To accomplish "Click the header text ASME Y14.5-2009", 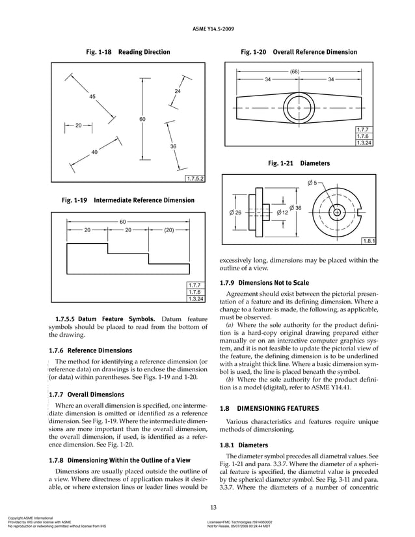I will click(x=207, y=29).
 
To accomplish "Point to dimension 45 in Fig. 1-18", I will click(x=92, y=96).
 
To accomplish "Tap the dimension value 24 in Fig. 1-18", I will click(x=177, y=91).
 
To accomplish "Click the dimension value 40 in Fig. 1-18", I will click(x=94, y=152).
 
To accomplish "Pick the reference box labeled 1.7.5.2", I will click(x=195, y=178).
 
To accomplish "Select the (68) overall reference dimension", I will click(x=294, y=72).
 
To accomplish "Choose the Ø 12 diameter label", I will click(x=282, y=213).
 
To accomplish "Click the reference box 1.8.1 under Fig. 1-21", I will click(x=369, y=242).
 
